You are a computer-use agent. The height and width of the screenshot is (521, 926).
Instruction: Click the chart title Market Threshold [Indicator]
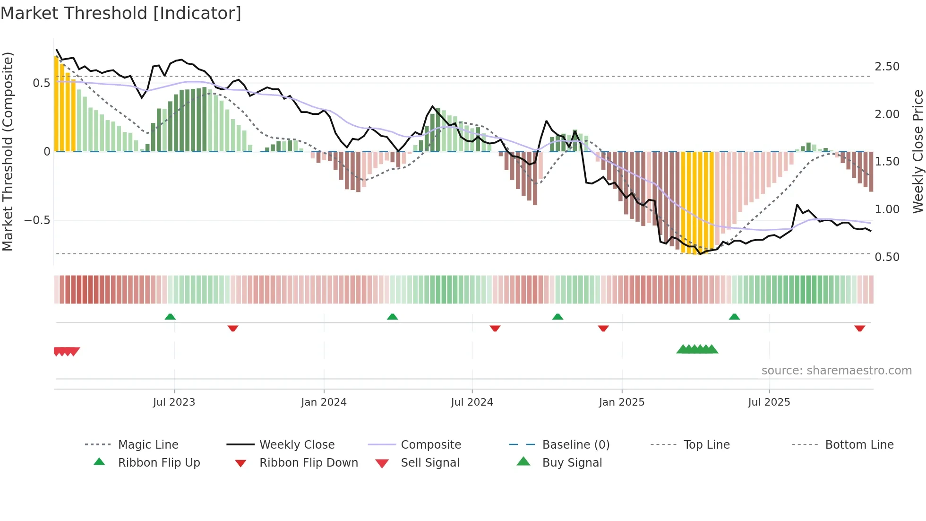pos(121,13)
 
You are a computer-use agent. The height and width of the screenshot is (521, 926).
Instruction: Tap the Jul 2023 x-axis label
pos(174,402)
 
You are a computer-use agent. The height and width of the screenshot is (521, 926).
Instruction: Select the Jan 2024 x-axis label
pos(324,402)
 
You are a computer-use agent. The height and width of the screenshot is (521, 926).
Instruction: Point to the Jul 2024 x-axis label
pos(472,402)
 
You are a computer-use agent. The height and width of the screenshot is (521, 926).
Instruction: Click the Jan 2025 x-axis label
pos(621,402)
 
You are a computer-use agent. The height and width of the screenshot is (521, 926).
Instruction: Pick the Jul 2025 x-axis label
pos(769,402)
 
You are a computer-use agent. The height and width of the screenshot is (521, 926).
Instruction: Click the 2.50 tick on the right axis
pos(887,67)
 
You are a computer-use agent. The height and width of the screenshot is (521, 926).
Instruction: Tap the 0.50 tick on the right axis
pos(887,257)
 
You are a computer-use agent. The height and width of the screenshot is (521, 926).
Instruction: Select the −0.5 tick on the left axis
pos(37,220)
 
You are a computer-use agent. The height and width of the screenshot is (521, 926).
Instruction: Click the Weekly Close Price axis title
pos(917,151)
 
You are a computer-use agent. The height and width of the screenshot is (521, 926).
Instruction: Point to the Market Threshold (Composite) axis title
pos(8,151)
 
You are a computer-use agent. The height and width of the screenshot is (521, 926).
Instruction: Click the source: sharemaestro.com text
pos(836,371)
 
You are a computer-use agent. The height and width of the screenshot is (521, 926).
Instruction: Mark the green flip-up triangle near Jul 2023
pos(170,317)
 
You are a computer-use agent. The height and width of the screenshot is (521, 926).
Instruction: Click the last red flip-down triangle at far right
pos(859,328)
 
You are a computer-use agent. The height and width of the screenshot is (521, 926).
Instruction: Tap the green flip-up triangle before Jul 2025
pos(734,317)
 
